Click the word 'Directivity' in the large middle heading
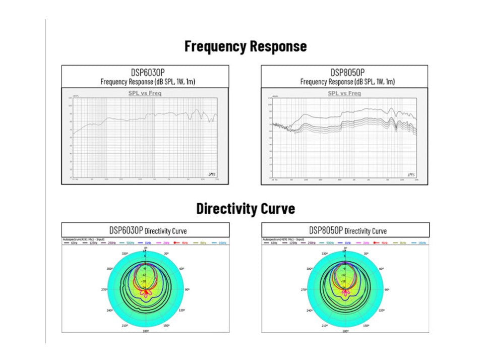(227, 208)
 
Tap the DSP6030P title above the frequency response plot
(145, 72)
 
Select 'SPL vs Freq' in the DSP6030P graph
(145, 93)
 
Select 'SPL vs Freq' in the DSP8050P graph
(344, 93)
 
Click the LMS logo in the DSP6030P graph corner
(212, 174)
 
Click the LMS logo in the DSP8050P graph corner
(411, 174)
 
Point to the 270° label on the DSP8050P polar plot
(304, 290)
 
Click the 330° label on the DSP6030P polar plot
(125, 255)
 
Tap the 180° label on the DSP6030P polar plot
(146, 331)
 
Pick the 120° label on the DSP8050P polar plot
(381, 311)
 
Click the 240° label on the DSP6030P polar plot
(110, 311)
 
